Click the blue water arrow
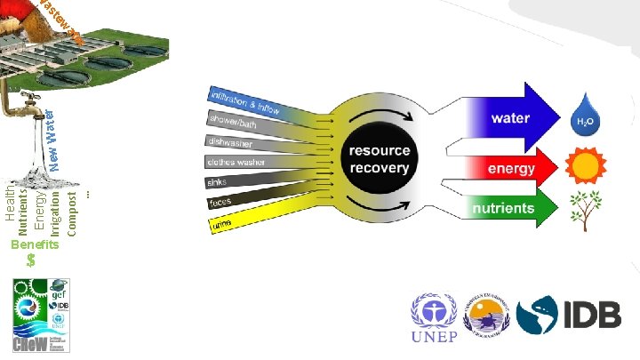point(507,117)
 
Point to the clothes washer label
point(236,163)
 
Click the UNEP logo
point(434,317)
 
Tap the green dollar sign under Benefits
point(32,260)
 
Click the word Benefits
point(34,244)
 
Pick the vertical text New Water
point(53,132)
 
